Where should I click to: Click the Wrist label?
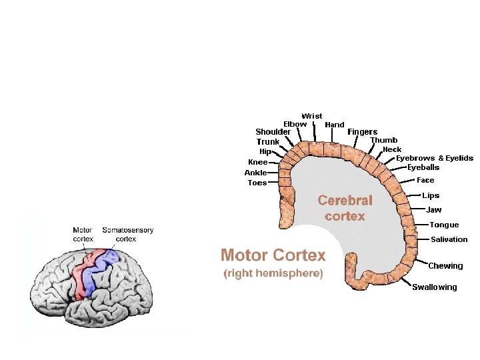coord(311,116)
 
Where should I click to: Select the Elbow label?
coord(295,124)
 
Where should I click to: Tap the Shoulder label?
coord(273,132)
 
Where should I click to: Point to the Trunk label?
coord(268,142)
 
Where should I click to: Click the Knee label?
coord(257,162)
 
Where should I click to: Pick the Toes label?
coord(257,183)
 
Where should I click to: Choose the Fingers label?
coord(362,132)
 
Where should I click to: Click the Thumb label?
coord(383,141)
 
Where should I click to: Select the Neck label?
coord(392,150)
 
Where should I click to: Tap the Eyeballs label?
coord(423,168)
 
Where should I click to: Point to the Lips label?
coord(431,196)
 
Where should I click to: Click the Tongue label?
coord(444,225)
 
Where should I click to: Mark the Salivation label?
coord(449,239)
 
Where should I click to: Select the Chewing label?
coord(445,266)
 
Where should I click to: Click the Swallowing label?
coord(434,287)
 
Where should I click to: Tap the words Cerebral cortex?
coord(345,208)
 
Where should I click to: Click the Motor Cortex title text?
coord(273,255)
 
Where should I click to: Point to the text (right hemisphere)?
coord(273,274)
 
